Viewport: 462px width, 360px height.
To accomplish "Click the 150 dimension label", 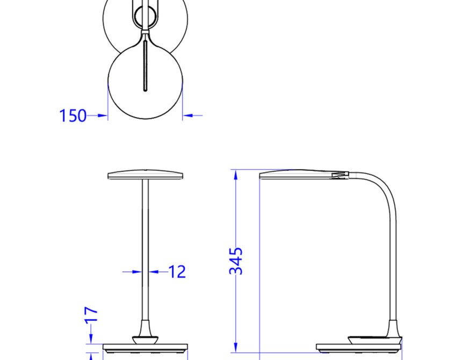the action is [73, 116].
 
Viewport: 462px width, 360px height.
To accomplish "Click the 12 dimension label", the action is [177, 272].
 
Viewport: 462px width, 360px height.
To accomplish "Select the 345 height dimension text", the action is [236, 261].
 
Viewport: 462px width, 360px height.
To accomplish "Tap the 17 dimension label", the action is [91, 315].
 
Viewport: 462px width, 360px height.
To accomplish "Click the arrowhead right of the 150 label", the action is [102, 116].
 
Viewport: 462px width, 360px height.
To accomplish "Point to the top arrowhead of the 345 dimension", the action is [236, 175].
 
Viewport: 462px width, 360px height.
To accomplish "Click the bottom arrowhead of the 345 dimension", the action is [236, 347].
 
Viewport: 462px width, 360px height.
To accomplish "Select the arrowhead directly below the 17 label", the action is [91, 339].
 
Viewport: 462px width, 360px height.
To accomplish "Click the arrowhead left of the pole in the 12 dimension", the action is [138, 272].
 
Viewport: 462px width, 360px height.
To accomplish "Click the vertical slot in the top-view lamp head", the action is [145, 66].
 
